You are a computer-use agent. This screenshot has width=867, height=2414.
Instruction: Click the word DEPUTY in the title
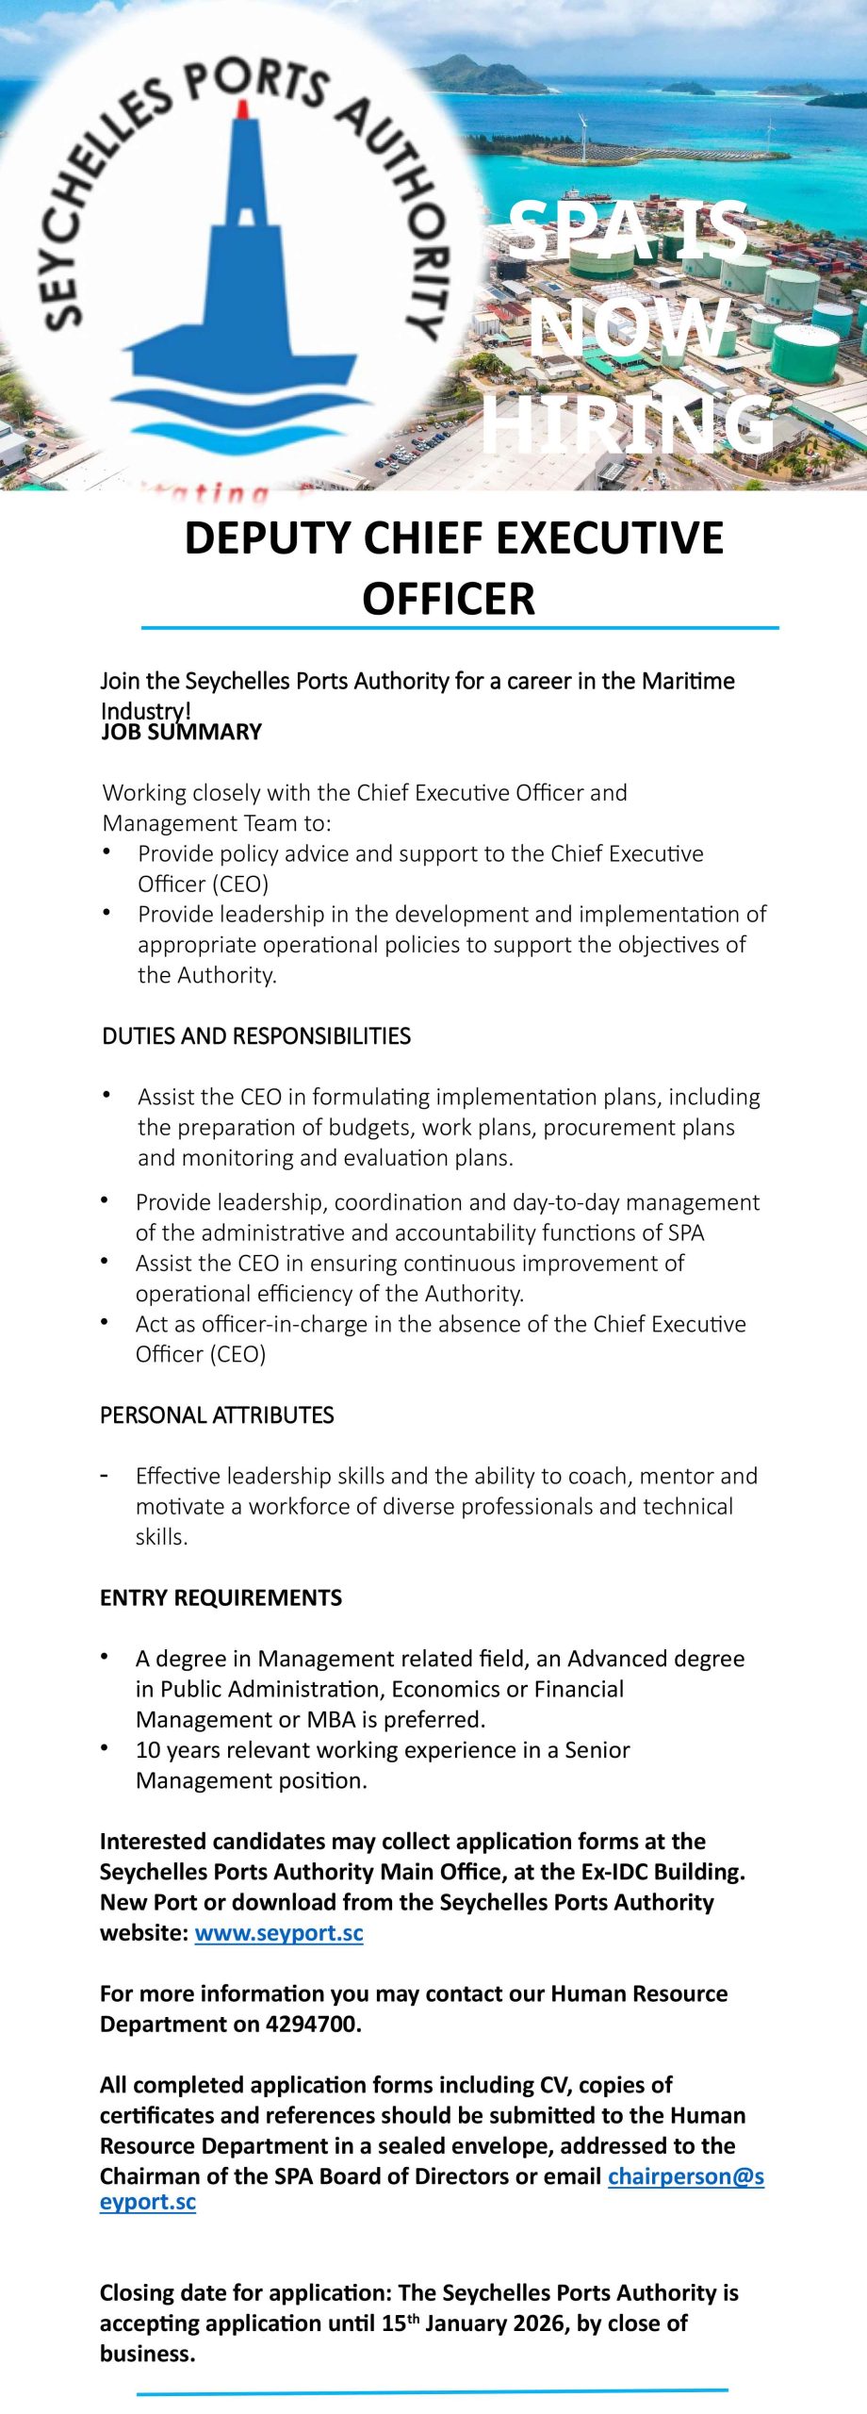268,538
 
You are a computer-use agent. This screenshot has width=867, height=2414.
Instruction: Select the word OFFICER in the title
449,599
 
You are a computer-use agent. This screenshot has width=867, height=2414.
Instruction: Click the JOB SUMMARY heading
181,733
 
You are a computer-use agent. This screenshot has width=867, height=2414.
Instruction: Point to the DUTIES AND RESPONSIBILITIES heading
256,1036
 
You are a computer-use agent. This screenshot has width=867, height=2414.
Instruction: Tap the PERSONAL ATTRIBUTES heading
217,1415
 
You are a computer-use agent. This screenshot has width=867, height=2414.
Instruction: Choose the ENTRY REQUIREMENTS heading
221,1597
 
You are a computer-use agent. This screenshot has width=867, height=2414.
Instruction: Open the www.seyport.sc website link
279,1933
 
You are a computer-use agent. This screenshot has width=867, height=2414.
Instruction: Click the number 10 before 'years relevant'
148,1750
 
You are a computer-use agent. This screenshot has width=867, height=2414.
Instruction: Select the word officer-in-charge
286,1324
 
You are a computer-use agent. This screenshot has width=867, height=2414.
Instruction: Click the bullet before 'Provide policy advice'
106,852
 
